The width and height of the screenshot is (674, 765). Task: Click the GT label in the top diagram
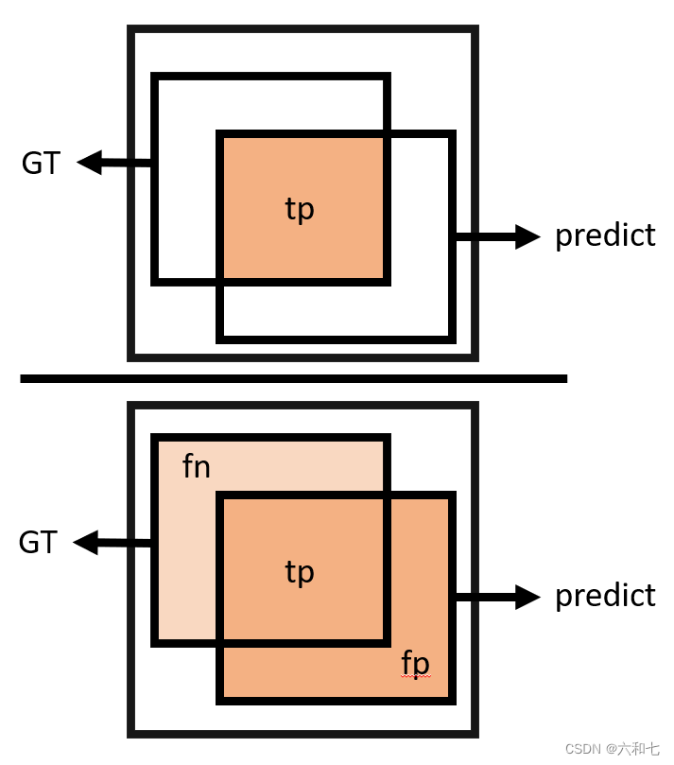click(x=41, y=164)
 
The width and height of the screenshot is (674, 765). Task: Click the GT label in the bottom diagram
click(x=39, y=543)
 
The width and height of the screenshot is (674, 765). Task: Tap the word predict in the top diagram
click(x=605, y=235)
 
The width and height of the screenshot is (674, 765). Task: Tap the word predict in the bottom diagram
click(x=605, y=596)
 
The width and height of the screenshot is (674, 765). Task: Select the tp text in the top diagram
click(x=300, y=209)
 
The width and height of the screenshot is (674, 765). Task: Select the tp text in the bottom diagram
click(x=300, y=572)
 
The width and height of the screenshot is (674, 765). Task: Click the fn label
click(x=196, y=467)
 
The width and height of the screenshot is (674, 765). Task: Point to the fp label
click(x=415, y=663)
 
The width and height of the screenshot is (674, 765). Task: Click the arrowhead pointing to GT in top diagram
click(x=88, y=163)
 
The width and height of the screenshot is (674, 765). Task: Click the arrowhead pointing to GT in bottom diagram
click(x=85, y=543)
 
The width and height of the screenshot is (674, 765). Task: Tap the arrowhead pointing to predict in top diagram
click(x=528, y=236)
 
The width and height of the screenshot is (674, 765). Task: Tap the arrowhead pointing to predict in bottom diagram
click(x=528, y=597)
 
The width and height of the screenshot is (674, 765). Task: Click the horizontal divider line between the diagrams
click(x=293, y=379)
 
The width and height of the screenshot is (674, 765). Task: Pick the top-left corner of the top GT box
click(x=155, y=77)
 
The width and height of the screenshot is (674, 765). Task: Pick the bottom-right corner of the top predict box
click(x=452, y=339)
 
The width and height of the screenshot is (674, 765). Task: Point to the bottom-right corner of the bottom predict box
click(x=452, y=700)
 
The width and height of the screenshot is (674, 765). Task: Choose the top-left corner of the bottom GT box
click(x=155, y=438)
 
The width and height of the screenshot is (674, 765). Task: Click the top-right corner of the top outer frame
click(x=475, y=30)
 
